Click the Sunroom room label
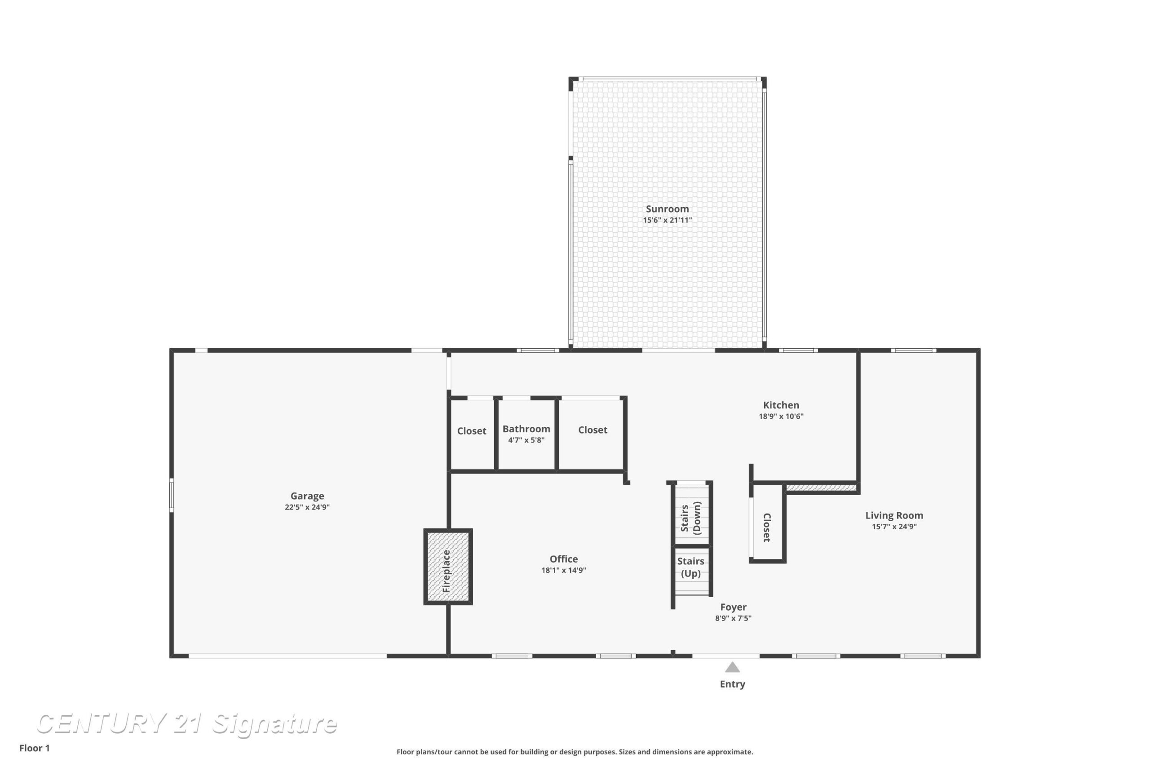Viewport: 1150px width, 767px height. (x=667, y=209)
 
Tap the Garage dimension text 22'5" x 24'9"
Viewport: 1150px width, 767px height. (x=307, y=507)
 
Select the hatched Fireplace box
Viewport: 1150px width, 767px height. (x=448, y=567)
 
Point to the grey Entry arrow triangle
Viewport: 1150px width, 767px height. (x=732, y=667)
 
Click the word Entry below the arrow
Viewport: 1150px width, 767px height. (x=732, y=684)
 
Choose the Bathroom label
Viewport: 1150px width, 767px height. (x=526, y=429)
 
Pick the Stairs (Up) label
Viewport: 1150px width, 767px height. (x=690, y=567)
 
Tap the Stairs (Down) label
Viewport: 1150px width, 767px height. (x=691, y=518)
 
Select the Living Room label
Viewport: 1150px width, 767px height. (x=894, y=515)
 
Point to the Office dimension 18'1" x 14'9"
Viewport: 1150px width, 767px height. (x=563, y=570)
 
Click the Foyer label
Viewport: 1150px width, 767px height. (x=733, y=607)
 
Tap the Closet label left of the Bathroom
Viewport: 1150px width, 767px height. (x=471, y=431)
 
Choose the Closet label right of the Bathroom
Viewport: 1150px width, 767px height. (x=593, y=430)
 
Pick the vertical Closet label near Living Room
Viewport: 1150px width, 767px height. (x=767, y=528)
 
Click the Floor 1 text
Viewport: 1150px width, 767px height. (x=35, y=748)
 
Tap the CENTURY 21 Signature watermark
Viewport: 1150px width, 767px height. (x=187, y=723)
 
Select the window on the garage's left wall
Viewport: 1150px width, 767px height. (x=172, y=495)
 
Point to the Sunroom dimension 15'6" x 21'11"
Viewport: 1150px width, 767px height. (x=667, y=220)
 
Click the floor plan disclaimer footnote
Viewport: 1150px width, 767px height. (x=575, y=752)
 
